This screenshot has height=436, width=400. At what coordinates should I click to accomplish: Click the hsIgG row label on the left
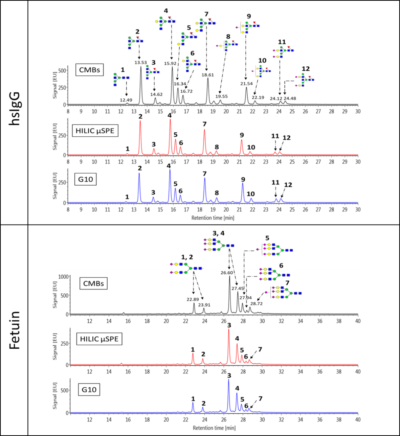[14, 108]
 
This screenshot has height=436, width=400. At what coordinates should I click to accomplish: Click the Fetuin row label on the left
[14, 330]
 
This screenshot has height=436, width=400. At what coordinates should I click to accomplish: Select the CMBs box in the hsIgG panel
[89, 70]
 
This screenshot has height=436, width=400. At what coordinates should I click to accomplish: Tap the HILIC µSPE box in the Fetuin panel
[99, 339]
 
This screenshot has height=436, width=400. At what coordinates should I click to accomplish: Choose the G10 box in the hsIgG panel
[85, 179]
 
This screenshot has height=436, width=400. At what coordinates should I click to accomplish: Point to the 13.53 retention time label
[141, 63]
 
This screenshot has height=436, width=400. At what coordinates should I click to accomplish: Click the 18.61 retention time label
[208, 75]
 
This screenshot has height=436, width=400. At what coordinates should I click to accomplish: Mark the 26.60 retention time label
[226, 273]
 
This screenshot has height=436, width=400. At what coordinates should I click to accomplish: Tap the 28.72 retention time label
[256, 303]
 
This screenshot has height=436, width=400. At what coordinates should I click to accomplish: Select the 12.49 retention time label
[126, 100]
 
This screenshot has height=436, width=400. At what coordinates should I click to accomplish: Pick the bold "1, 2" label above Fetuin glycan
[187, 257]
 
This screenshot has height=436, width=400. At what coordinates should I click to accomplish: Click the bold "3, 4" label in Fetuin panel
[218, 233]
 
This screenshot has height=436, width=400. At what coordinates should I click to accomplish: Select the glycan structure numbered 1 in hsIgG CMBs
[121, 79]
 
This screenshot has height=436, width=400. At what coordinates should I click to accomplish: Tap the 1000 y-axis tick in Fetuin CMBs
[63, 276]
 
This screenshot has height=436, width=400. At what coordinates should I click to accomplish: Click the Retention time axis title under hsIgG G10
[213, 218]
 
